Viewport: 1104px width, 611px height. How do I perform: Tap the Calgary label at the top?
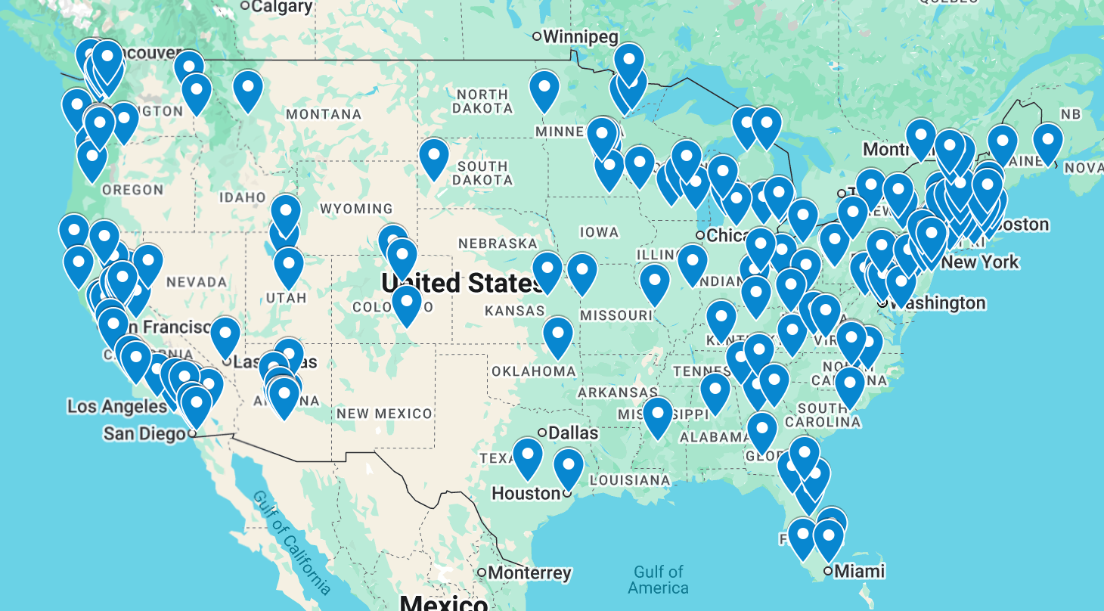[281, 7]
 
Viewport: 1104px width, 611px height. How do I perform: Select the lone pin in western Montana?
[248, 90]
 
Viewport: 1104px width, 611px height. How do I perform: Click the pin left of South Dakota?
[434, 157]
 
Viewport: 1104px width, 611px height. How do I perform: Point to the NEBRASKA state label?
[498, 243]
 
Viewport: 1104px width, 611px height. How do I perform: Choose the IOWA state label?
[600, 232]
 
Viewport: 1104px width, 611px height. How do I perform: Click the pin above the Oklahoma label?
[558, 336]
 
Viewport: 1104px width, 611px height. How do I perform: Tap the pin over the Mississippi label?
[658, 416]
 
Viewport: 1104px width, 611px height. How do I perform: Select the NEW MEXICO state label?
[384, 414]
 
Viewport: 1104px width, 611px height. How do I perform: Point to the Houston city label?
[526, 494]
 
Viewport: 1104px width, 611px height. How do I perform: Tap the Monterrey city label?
[529, 573]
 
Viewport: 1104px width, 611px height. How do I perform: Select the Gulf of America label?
[658, 580]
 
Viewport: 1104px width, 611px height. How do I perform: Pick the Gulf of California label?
[291, 541]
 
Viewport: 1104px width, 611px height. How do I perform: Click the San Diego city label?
[144, 433]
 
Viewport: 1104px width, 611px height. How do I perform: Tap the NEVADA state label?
[197, 282]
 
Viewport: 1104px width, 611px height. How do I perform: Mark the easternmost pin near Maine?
[1048, 141]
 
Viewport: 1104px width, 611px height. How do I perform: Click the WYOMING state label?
[356, 209]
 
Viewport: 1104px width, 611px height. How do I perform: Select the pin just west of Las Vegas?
[225, 336]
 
